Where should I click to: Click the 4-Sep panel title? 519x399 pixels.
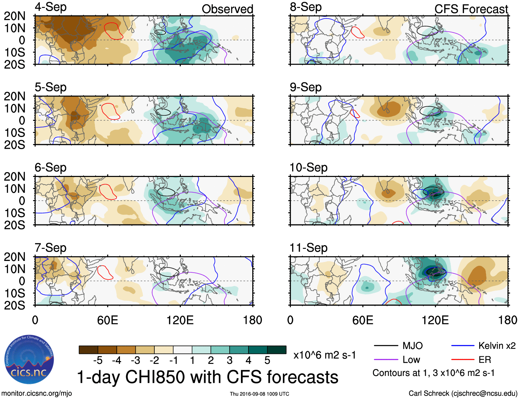click(51, 7)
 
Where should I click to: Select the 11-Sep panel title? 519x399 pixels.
click(308, 248)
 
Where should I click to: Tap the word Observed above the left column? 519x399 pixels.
click(227, 9)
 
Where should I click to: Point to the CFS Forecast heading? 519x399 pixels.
click(471, 9)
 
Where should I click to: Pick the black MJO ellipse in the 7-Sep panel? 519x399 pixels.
click(169, 272)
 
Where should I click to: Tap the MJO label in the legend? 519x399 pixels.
click(412, 346)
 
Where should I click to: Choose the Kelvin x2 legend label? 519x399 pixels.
click(497, 346)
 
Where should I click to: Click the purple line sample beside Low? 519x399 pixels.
click(386, 360)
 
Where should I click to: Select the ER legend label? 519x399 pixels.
click(485, 360)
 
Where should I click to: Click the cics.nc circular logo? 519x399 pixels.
click(29, 360)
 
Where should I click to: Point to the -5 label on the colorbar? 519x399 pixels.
click(98, 360)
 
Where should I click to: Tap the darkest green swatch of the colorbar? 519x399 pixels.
click(277, 350)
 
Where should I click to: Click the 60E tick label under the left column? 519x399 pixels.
click(107, 320)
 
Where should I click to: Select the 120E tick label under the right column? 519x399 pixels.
click(435, 320)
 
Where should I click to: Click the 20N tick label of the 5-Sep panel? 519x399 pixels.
click(14, 96)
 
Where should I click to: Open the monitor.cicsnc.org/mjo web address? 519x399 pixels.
click(37, 393)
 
